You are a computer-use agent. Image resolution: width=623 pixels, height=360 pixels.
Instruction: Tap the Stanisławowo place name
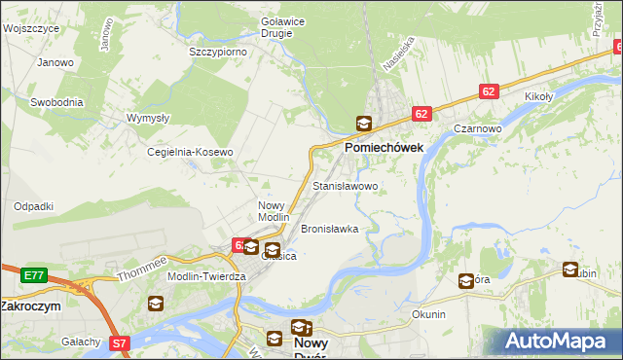(345, 185)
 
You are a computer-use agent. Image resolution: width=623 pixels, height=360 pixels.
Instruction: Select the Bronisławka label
(330, 230)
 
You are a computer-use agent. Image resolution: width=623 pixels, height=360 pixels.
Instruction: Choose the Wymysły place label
(150, 118)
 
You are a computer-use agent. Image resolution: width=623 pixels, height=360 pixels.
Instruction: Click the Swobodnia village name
(56, 101)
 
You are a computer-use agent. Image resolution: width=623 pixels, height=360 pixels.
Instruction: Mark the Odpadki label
(33, 206)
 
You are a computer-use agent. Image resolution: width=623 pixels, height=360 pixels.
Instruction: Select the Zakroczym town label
(31, 305)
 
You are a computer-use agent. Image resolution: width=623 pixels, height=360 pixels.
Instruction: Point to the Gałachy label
(81, 342)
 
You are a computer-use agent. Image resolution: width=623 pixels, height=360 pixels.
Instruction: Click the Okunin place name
(429, 314)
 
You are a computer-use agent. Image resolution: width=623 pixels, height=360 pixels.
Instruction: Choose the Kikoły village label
(538, 97)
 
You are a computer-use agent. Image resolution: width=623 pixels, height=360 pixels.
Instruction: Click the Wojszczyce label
(31, 29)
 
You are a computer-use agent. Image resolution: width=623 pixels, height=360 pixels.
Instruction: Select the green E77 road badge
(33, 276)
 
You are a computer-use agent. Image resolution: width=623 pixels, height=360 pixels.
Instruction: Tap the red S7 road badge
(119, 342)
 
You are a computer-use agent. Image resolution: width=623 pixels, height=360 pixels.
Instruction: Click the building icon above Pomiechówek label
(363, 124)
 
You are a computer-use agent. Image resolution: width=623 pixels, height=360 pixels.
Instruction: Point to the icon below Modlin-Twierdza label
(156, 304)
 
